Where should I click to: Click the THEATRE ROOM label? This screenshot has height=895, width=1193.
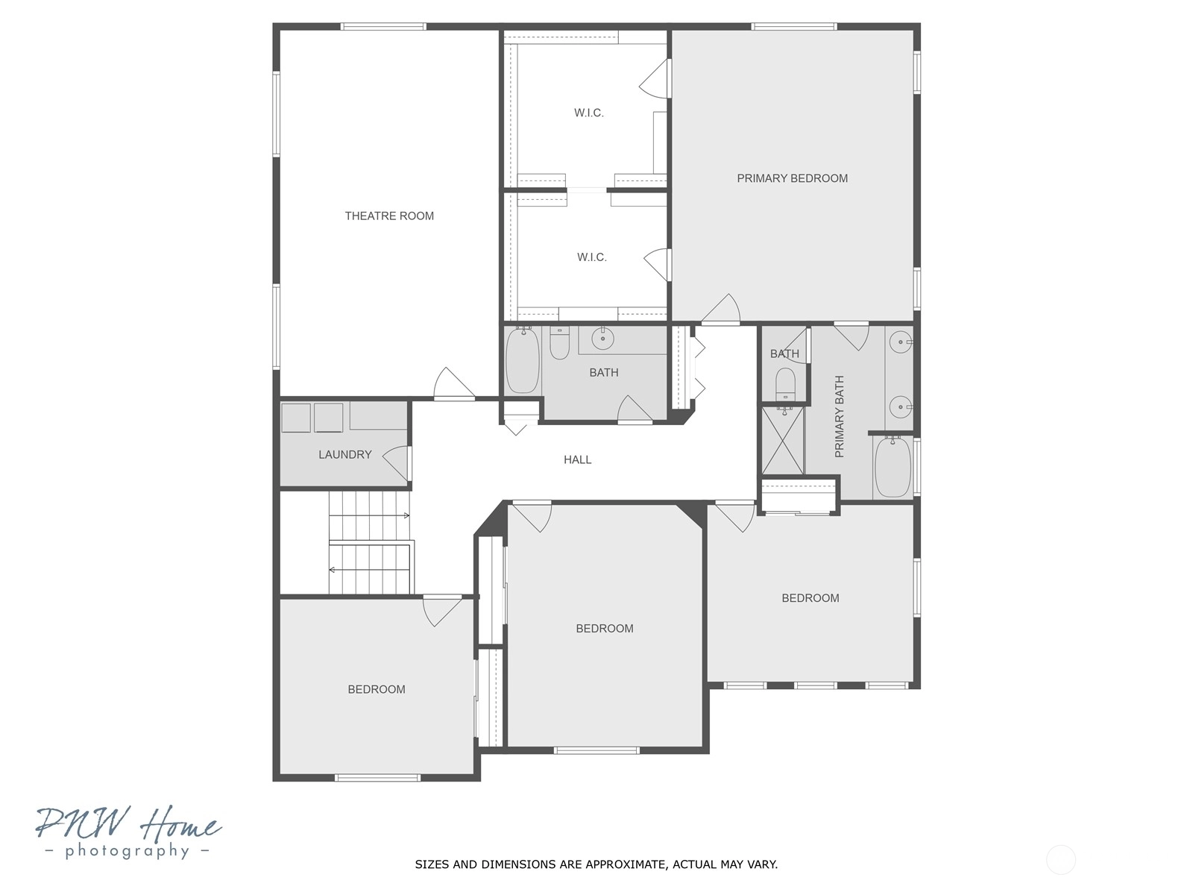[389, 216]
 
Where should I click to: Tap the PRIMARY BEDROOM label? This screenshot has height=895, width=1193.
[792, 178]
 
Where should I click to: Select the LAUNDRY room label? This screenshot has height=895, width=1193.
[345, 454]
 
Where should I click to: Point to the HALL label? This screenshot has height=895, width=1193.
[577, 459]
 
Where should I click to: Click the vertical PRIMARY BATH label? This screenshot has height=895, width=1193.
[839, 416]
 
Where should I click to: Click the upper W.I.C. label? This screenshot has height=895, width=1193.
[589, 113]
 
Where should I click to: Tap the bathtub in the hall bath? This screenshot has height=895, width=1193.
[523, 359]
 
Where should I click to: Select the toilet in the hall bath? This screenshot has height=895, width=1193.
[559, 343]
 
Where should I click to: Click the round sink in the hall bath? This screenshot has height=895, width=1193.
[602, 339]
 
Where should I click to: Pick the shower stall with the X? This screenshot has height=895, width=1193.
[783, 441]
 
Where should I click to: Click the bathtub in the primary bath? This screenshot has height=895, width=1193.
[893, 467]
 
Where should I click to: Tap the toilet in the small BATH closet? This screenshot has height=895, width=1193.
[785, 383]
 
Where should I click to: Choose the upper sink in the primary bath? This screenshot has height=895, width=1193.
[901, 342]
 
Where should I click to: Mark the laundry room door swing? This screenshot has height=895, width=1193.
[397, 462]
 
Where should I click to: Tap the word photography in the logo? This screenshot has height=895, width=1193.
[127, 851]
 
